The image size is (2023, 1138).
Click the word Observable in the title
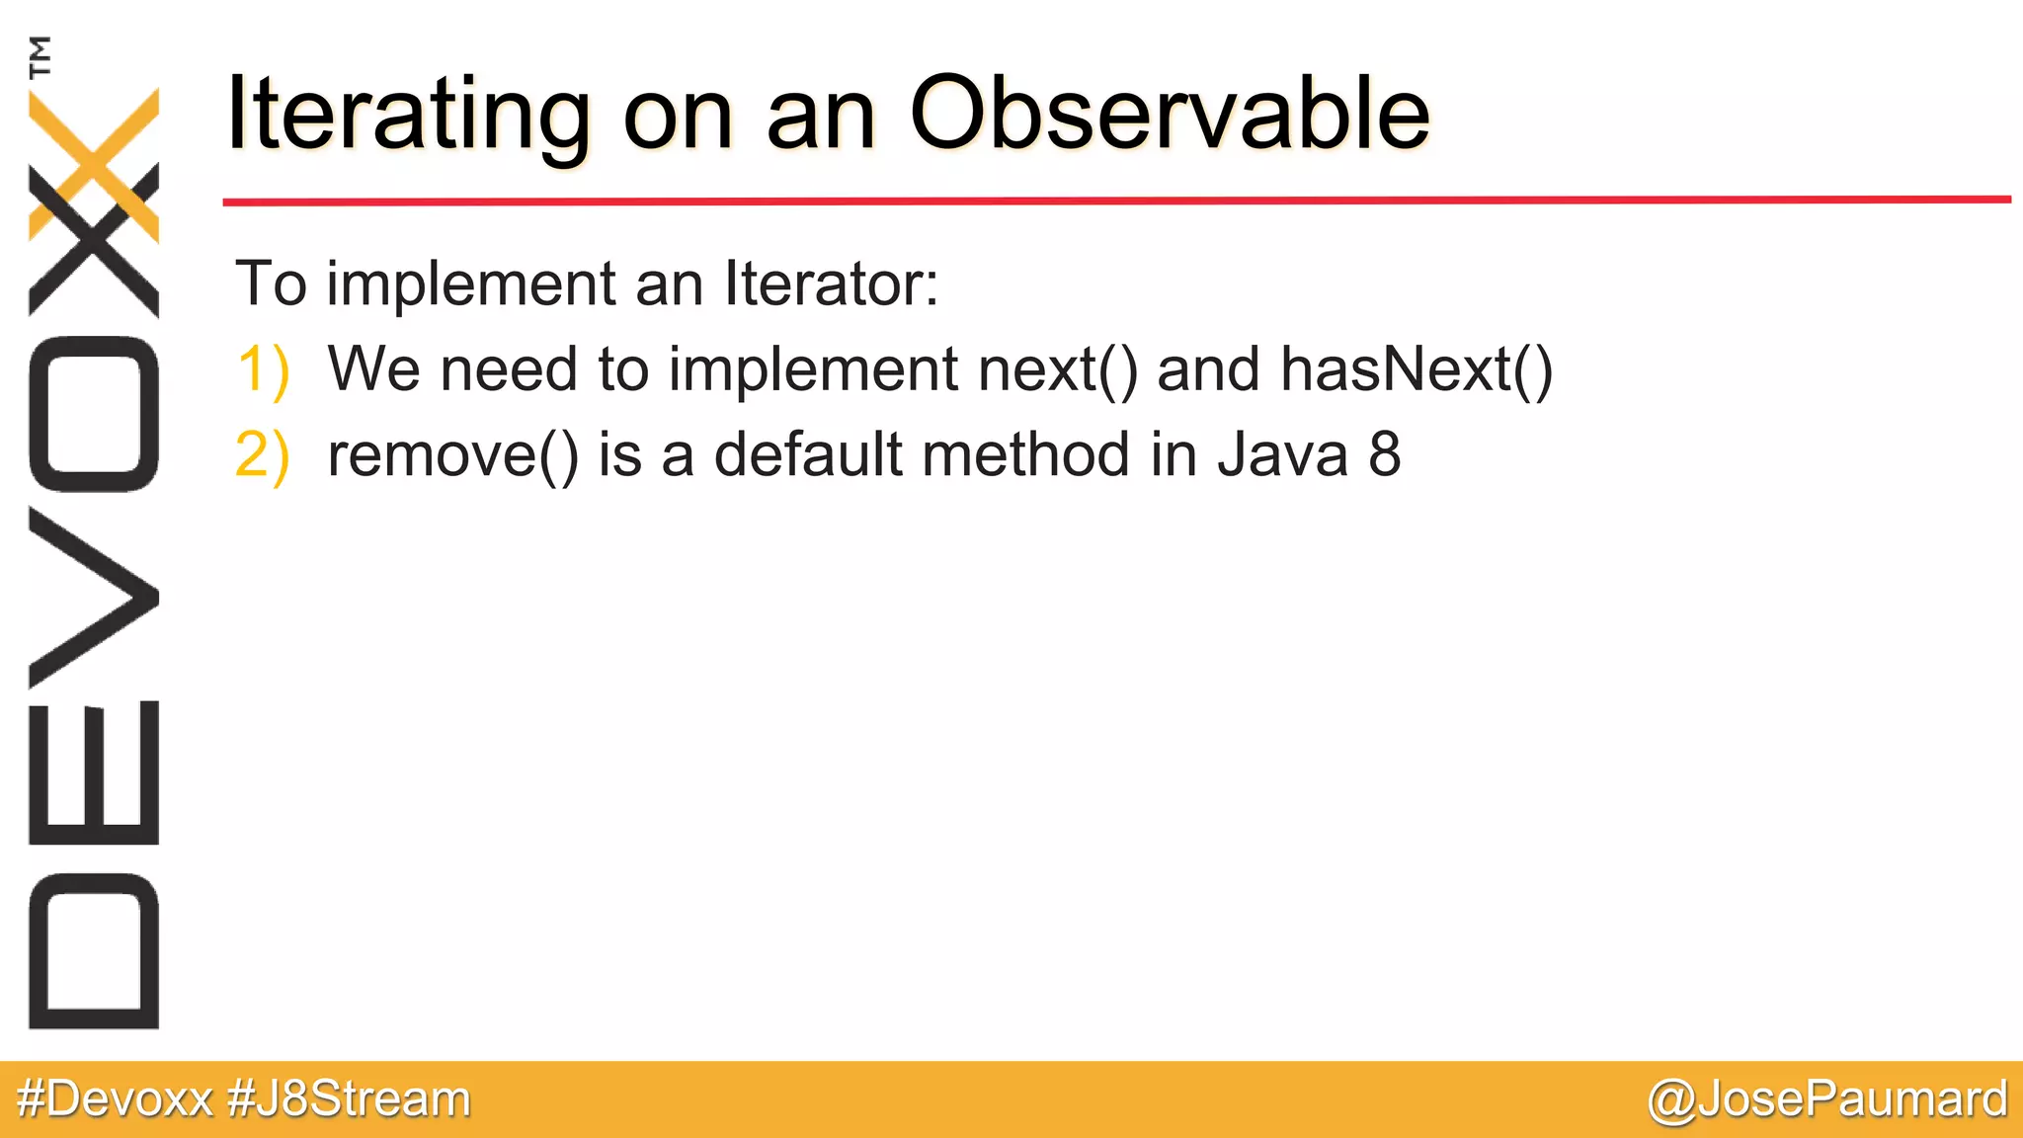coord(1169,115)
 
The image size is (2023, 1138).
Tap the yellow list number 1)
coord(263,369)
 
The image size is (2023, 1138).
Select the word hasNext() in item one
coord(1416,369)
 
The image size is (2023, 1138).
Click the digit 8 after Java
coord(1384,454)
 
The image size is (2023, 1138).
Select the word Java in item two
coord(1282,454)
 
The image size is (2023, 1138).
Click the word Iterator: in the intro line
coord(832,284)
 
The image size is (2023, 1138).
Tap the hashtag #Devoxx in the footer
coord(116,1098)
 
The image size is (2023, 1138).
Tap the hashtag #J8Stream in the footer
coord(350,1098)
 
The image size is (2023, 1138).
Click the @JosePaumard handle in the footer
coord(1827,1098)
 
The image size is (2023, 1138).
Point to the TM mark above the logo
coord(40,56)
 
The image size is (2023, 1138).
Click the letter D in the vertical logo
coord(94,950)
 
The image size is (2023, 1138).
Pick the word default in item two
coord(808,454)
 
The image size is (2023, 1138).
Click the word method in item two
coord(1026,454)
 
